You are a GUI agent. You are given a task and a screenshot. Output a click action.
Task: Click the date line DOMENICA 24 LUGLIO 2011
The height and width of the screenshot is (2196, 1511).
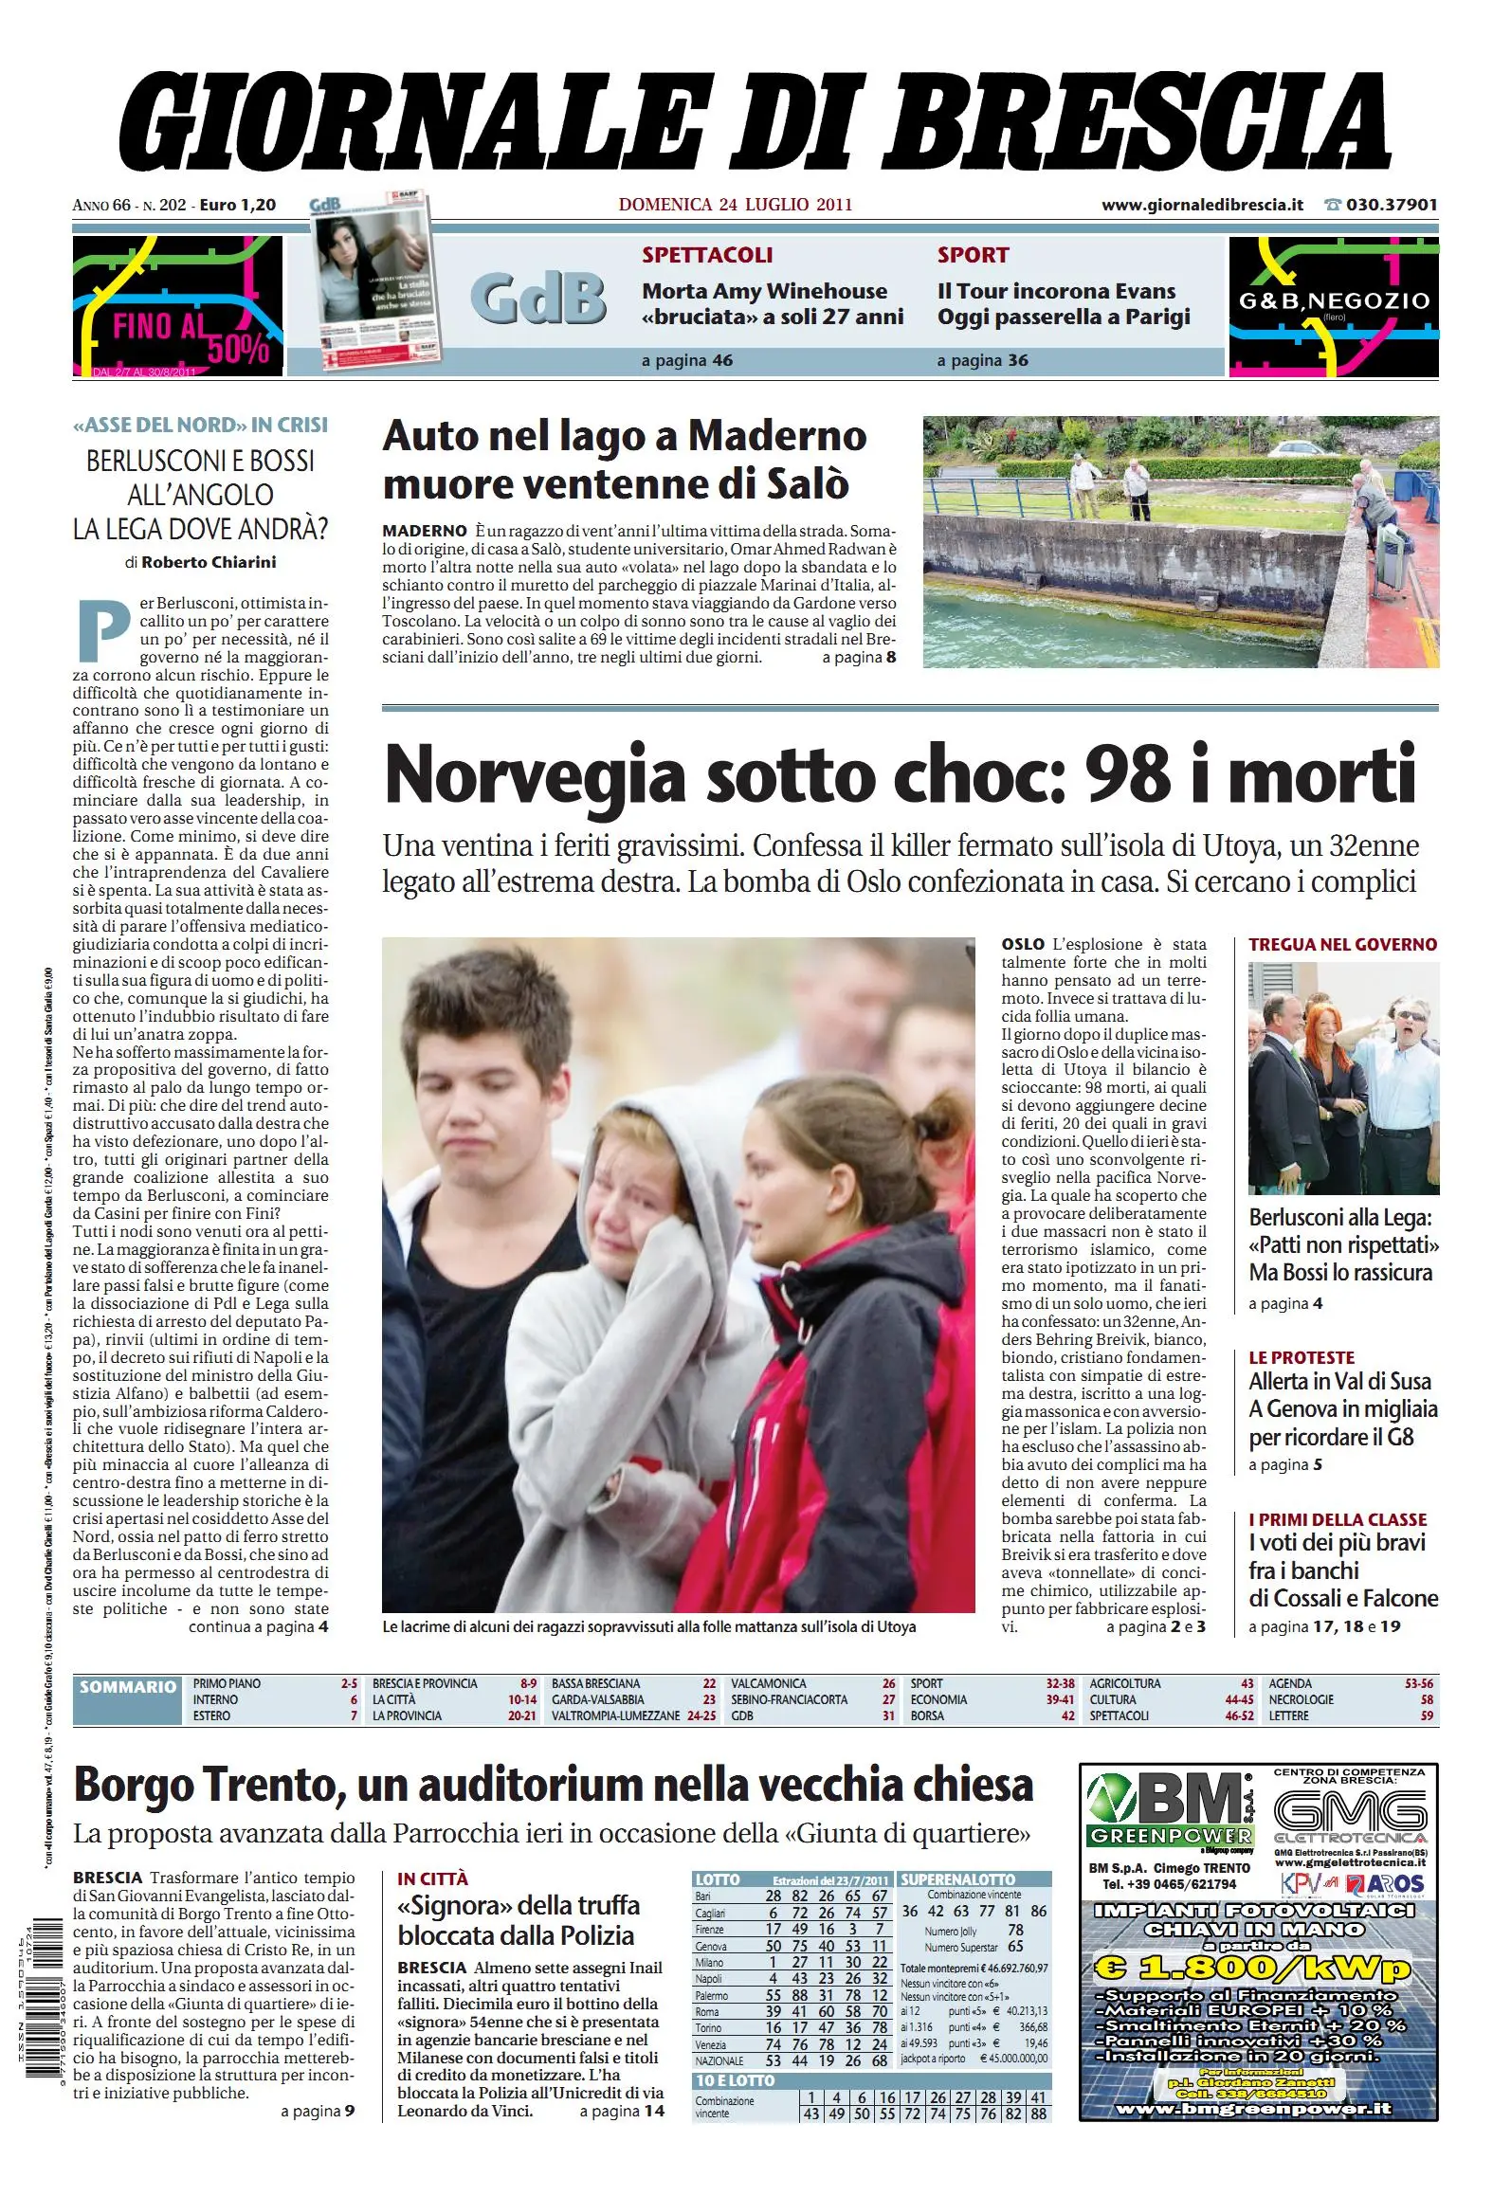[x=735, y=204]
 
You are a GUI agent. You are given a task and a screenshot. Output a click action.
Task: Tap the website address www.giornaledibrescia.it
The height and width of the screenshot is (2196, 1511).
[x=1202, y=204]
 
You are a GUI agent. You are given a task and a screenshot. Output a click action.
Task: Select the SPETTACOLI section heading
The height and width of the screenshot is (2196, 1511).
[x=707, y=255]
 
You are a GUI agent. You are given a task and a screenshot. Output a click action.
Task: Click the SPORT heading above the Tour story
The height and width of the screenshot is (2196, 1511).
[x=973, y=255]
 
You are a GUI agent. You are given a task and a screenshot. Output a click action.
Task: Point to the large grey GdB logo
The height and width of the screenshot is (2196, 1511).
[x=537, y=298]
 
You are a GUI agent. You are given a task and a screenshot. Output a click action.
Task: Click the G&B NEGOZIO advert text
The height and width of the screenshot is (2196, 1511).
[x=1334, y=301]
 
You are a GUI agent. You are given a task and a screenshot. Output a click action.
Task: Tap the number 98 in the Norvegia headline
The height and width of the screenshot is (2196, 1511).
[x=1127, y=775]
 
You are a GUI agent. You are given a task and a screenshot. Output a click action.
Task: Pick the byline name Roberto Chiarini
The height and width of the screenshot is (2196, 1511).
[x=209, y=562]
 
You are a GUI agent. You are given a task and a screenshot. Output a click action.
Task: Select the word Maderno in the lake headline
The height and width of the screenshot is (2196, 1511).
[x=776, y=437]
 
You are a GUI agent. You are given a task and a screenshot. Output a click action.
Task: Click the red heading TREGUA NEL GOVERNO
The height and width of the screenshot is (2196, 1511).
[x=1342, y=944]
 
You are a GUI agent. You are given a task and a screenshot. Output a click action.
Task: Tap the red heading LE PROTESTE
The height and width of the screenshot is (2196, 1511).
[x=1301, y=1357]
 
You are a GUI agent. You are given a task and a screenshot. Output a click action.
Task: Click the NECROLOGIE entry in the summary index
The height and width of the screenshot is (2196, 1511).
[x=1301, y=1699]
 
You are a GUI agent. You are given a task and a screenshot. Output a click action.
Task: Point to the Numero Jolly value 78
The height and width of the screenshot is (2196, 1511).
[x=1015, y=1930]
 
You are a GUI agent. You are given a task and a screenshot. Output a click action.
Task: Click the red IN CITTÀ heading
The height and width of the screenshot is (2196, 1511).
[x=432, y=1878]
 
